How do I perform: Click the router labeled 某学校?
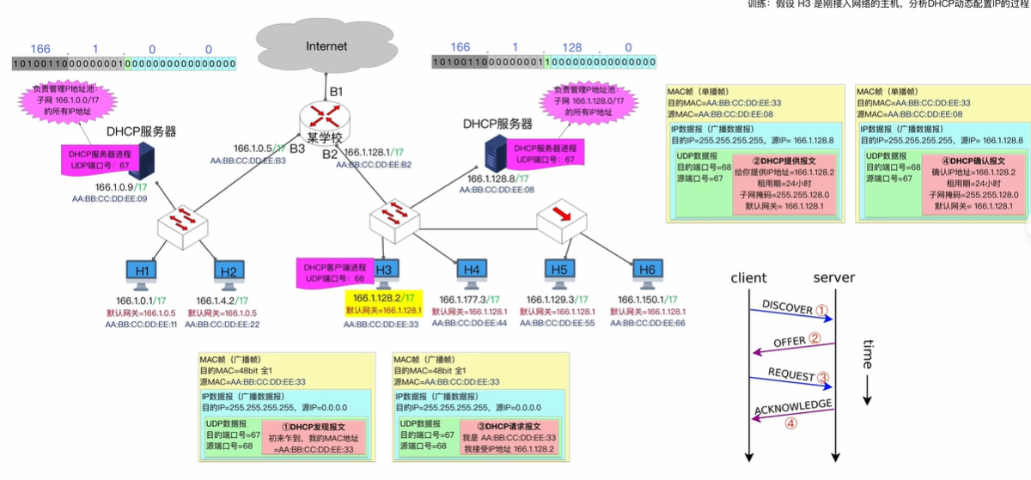(x=320, y=118)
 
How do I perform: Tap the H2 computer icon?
(x=228, y=272)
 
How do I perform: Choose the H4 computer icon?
(x=471, y=271)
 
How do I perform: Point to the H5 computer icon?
(x=560, y=271)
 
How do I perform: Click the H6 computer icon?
(x=646, y=271)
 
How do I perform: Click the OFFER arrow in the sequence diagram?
(x=791, y=344)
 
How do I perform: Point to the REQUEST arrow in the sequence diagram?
(x=791, y=378)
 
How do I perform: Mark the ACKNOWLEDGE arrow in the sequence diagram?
(x=791, y=412)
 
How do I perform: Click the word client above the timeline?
(x=748, y=277)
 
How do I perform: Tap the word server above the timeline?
(x=833, y=277)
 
